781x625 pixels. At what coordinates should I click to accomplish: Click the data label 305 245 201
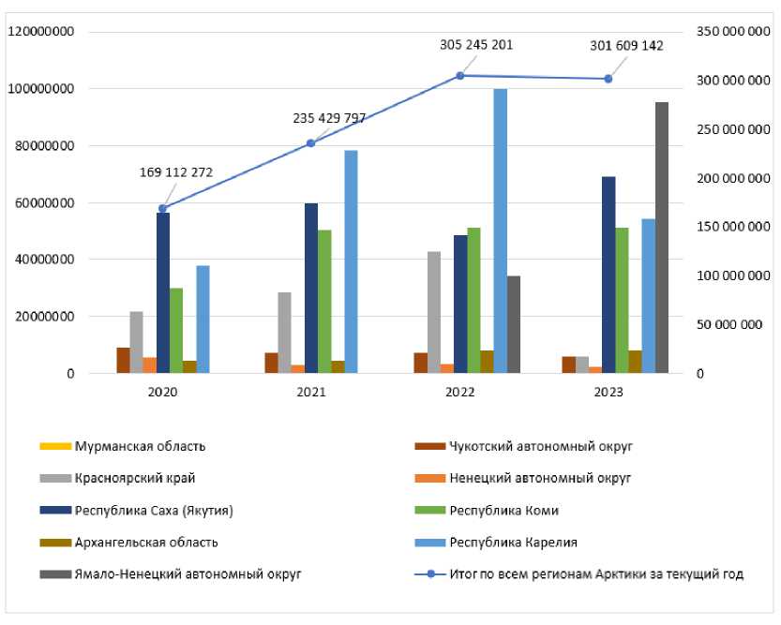476,44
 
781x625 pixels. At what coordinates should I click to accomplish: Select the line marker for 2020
162,208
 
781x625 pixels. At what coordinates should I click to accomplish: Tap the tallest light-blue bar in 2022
501,231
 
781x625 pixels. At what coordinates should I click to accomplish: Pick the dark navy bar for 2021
311,288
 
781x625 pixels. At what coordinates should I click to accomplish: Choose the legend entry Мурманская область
140,446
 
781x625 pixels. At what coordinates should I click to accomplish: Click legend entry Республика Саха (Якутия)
153,511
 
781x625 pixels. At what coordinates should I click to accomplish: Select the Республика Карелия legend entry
513,542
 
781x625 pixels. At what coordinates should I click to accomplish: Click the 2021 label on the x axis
311,392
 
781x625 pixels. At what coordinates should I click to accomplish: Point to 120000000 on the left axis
41,32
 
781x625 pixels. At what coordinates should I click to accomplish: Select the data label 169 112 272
177,172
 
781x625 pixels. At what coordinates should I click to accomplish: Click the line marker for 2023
608,79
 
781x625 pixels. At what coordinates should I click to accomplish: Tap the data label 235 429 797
329,118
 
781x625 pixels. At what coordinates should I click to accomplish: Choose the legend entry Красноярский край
135,478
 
